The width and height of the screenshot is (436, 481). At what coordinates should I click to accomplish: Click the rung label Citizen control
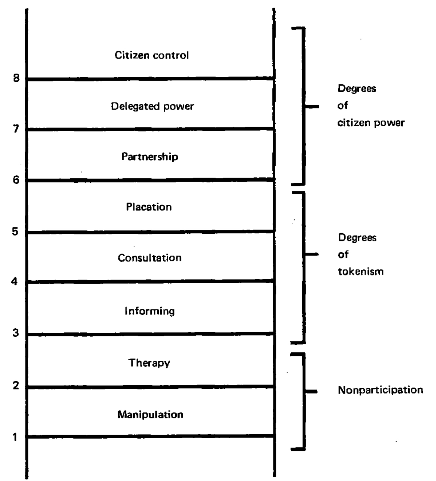tap(152, 56)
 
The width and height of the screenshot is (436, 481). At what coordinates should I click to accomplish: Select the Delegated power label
tap(152, 107)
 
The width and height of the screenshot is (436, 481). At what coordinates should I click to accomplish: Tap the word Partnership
tap(150, 156)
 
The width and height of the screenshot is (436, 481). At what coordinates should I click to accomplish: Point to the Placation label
tap(149, 207)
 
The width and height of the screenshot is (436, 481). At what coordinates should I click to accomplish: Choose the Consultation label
tap(149, 258)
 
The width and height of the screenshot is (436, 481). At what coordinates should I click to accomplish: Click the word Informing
tap(149, 311)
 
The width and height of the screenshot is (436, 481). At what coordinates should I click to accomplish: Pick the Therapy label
tap(149, 363)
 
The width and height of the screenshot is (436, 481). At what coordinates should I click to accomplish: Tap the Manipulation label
tap(150, 415)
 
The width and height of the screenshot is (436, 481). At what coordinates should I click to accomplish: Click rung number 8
tap(16, 78)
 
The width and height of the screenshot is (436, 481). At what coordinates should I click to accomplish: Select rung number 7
tap(16, 129)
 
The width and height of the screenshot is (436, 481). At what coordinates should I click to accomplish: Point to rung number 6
tap(16, 180)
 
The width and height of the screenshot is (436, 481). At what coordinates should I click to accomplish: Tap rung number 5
tap(15, 231)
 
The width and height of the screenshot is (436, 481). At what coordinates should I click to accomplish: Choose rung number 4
tap(14, 281)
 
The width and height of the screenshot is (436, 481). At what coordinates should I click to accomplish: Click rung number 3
tap(15, 333)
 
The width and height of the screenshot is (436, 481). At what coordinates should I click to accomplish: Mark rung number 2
tap(16, 385)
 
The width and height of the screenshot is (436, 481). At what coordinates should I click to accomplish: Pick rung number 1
tap(15, 437)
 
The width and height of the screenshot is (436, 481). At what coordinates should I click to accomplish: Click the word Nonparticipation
tap(380, 390)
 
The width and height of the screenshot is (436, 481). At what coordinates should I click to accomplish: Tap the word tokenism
tap(361, 271)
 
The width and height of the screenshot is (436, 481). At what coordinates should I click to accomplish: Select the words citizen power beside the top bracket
tap(371, 123)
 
